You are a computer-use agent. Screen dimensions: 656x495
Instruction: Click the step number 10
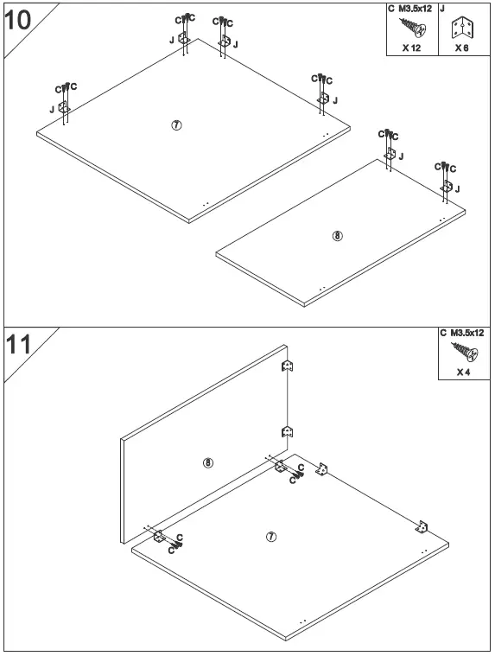pyautogui.click(x=19, y=19)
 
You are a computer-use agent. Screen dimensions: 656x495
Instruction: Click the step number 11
pyautogui.click(x=19, y=345)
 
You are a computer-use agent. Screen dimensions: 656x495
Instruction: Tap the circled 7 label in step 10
pyautogui.click(x=176, y=124)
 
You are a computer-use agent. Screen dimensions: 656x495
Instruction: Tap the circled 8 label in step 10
pyautogui.click(x=338, y=236)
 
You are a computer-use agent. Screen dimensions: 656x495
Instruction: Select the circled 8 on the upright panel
pyautogui.click(x=207, y=462)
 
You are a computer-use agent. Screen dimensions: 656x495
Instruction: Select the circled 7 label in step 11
pyautogui.click(x=271, y=537)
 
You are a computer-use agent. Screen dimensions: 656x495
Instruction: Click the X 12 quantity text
pyautogui.click(x=411, y=48)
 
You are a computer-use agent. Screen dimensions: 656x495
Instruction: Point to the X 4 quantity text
pyautogui.click(x=464, y=373)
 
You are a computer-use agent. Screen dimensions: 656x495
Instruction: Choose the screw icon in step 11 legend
pyautogui.click(x=463, y=352)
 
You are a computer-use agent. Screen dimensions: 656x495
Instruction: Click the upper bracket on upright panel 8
pyautogui.click(x=289, y=367)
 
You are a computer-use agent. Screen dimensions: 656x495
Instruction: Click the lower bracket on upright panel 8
pyautogui.click(x=289, y=431)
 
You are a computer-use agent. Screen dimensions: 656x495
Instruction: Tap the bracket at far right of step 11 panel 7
pyautogui.click(x=424, y=525)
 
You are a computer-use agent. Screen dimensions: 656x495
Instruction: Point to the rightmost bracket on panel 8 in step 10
pyautogui.click(x=447, y=186)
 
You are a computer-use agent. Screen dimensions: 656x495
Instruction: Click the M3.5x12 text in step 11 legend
pyautogui.click(x=467, y=333)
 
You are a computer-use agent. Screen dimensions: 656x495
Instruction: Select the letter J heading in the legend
pyautogui.click(x=442, y=9)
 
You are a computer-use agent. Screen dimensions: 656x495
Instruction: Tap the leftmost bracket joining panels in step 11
pyautogui.click(x=159, y=536)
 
